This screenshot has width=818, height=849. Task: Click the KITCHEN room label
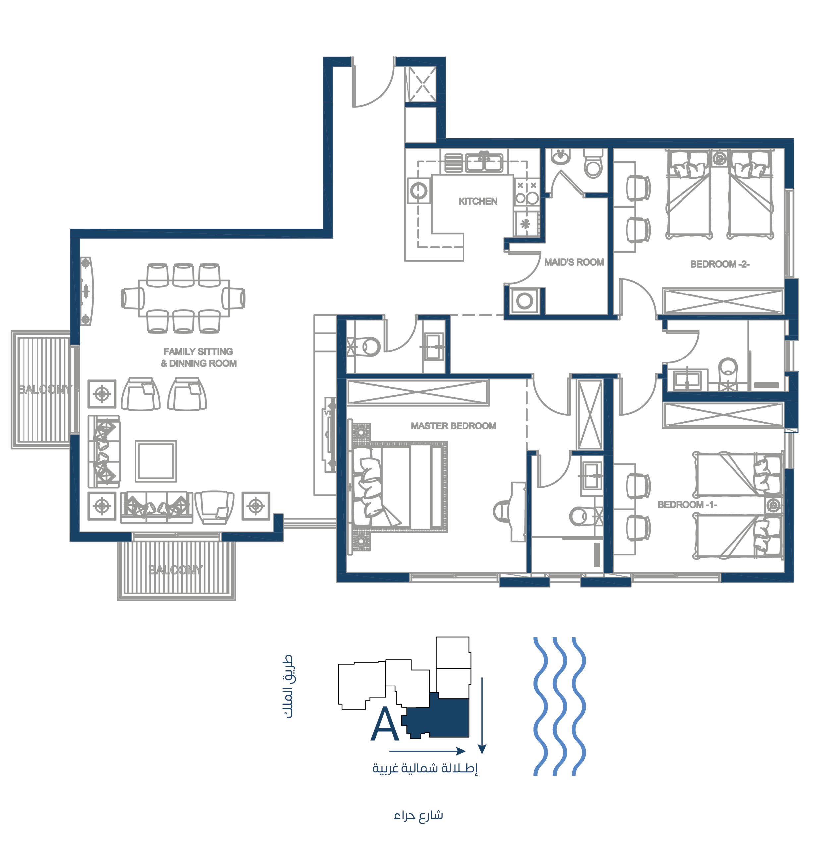pyautogui.click(x=478, y=201)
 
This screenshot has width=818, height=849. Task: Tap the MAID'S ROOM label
pyautogui.click(x=574, y=262)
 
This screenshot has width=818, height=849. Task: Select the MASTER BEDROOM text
pyautogui.click(x=454, y=426)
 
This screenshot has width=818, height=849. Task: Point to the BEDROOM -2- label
pyautogui.click(x=720, y=264)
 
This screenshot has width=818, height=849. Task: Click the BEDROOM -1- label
pyautogui.click(x=687, y=505)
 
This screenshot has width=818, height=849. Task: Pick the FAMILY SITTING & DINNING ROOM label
pyautogui.click(x=199, y=358)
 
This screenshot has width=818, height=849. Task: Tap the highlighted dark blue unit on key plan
pyautogui.click(x=441, y=717)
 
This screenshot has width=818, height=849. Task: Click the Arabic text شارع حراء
pyautogui.click(x=418, y=816)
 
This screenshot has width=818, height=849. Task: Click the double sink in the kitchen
pyautogui.click(x=484, y=163)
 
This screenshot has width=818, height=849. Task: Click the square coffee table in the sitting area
pyautogui.click(x=156, y=461)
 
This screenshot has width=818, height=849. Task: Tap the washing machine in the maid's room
pyautogui.click(x=524, y=300)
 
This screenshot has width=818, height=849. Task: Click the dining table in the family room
pyautogui.click(x=184, y=298)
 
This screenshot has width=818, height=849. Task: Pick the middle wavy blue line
pyautogui.click(x=559, y=706)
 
